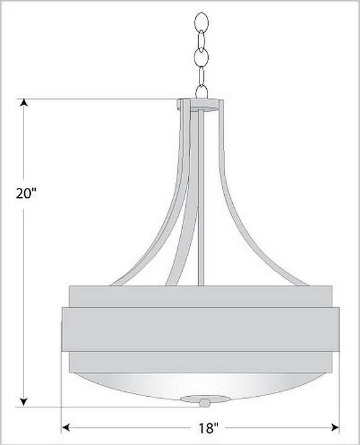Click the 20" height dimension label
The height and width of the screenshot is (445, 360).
tap(26, 194)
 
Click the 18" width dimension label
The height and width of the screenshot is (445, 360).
tap(208, 428)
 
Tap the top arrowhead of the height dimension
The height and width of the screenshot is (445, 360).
tap(24, 102)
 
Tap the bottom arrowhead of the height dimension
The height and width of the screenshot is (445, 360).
tap(24, 402)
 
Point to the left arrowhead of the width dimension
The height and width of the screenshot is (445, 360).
tap(66, 427)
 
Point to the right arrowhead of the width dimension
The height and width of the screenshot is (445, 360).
tap(335, 427)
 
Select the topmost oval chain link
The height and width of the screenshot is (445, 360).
tap(201, 22)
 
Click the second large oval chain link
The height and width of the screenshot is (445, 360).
tap(201, 58)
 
